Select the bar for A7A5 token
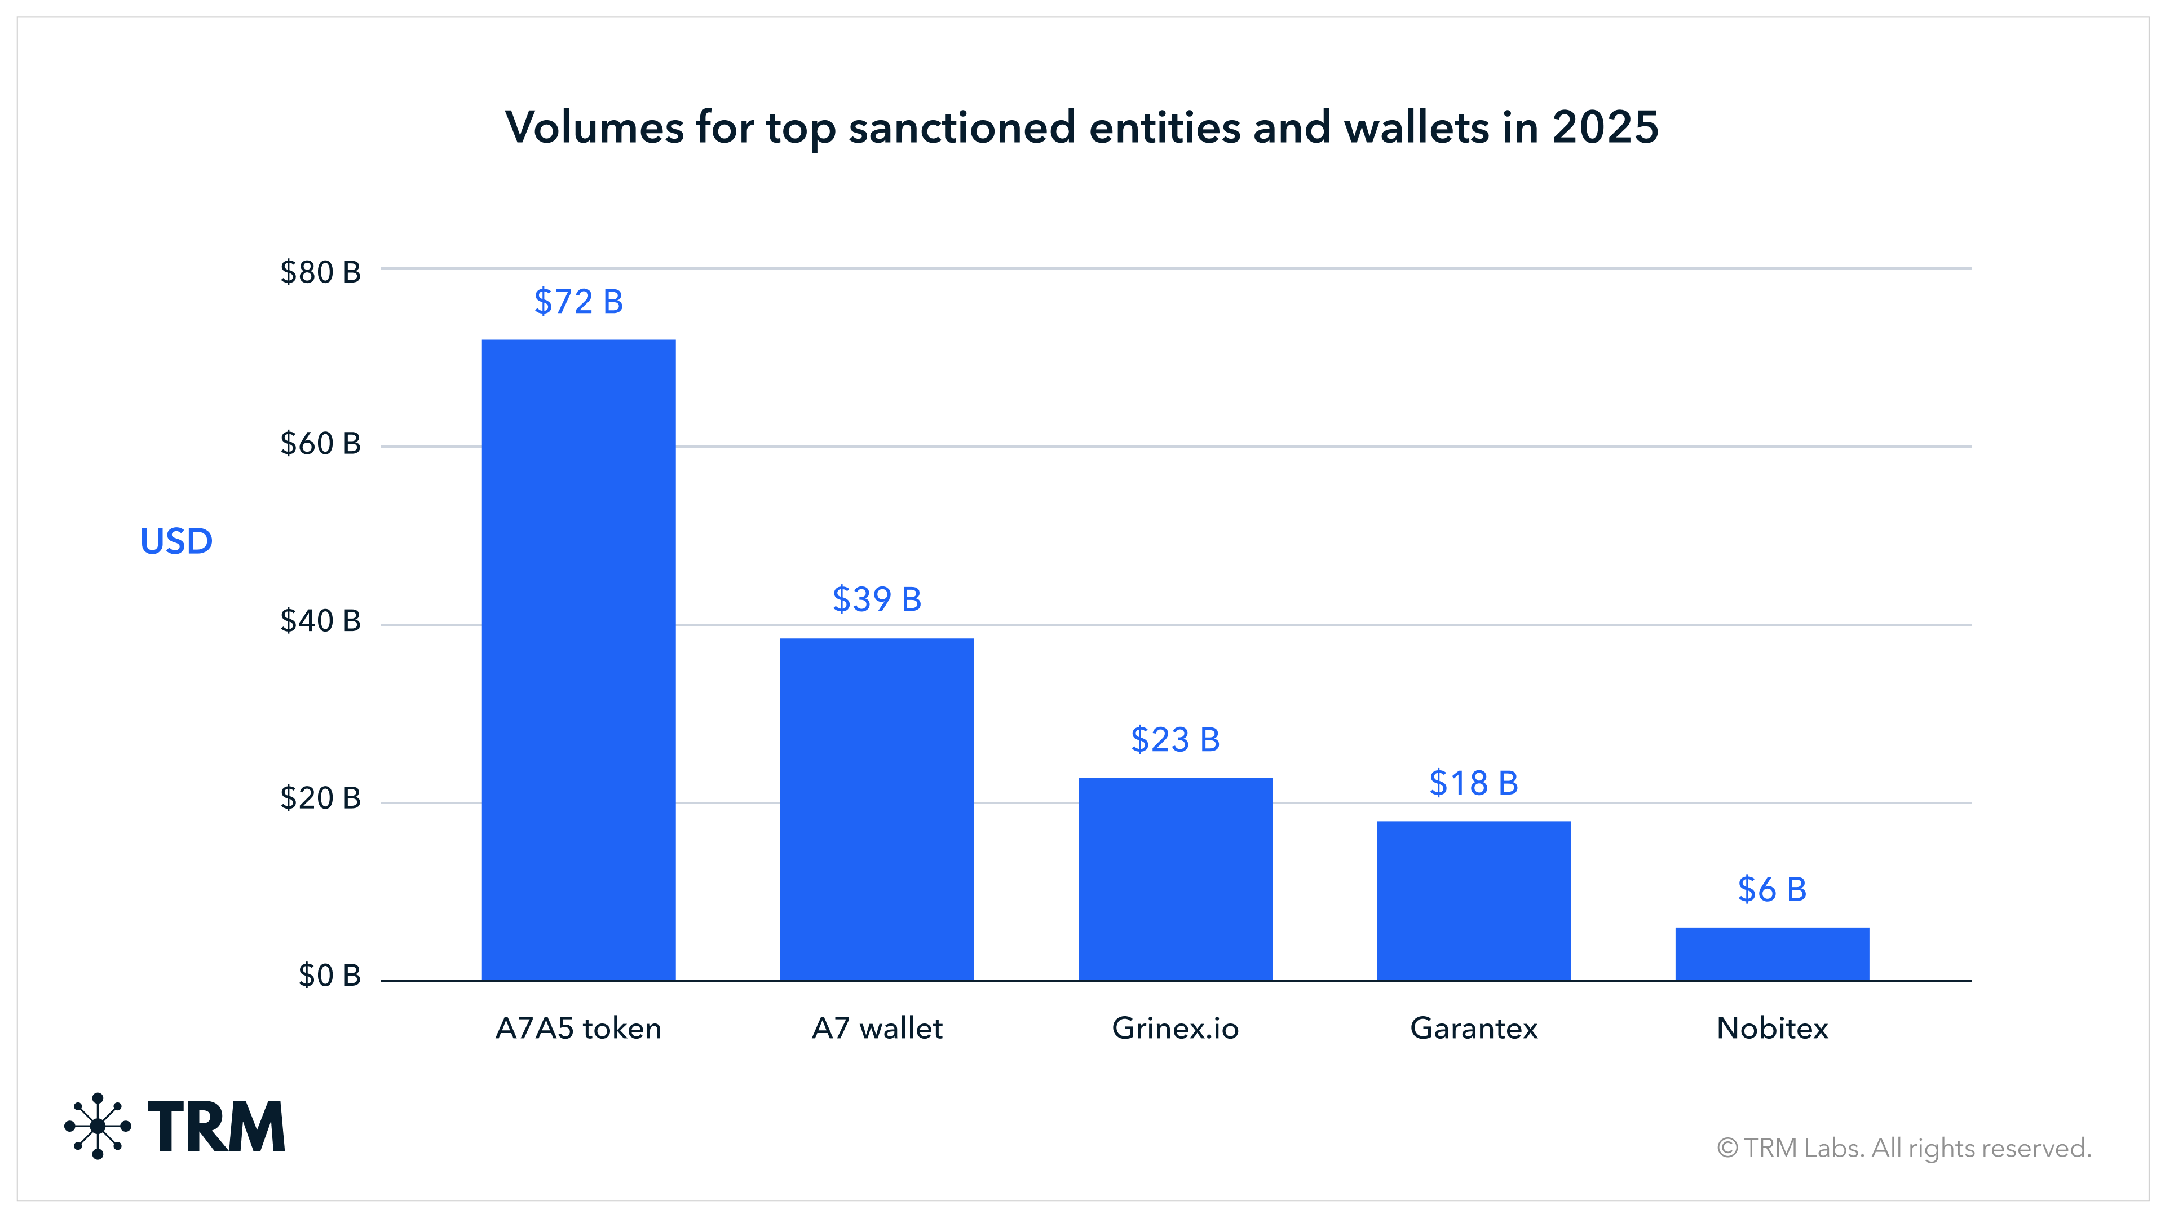578,660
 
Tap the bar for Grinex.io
1175,879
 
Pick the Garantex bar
1473,901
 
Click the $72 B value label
578,302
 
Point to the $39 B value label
877,599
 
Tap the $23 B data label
1175,740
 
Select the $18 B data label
1473,783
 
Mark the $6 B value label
1771,889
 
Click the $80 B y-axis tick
320,272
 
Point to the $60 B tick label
320,443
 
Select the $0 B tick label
329,975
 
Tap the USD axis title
176,541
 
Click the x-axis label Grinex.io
1175,1028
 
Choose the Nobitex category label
1771,1028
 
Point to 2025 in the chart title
1605,128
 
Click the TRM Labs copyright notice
1903,1148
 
